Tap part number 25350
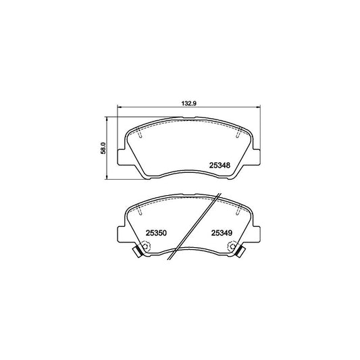(156, 233)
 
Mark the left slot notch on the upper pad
(138, 134)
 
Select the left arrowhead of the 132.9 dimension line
(121, 109)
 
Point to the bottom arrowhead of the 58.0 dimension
(108, 180)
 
